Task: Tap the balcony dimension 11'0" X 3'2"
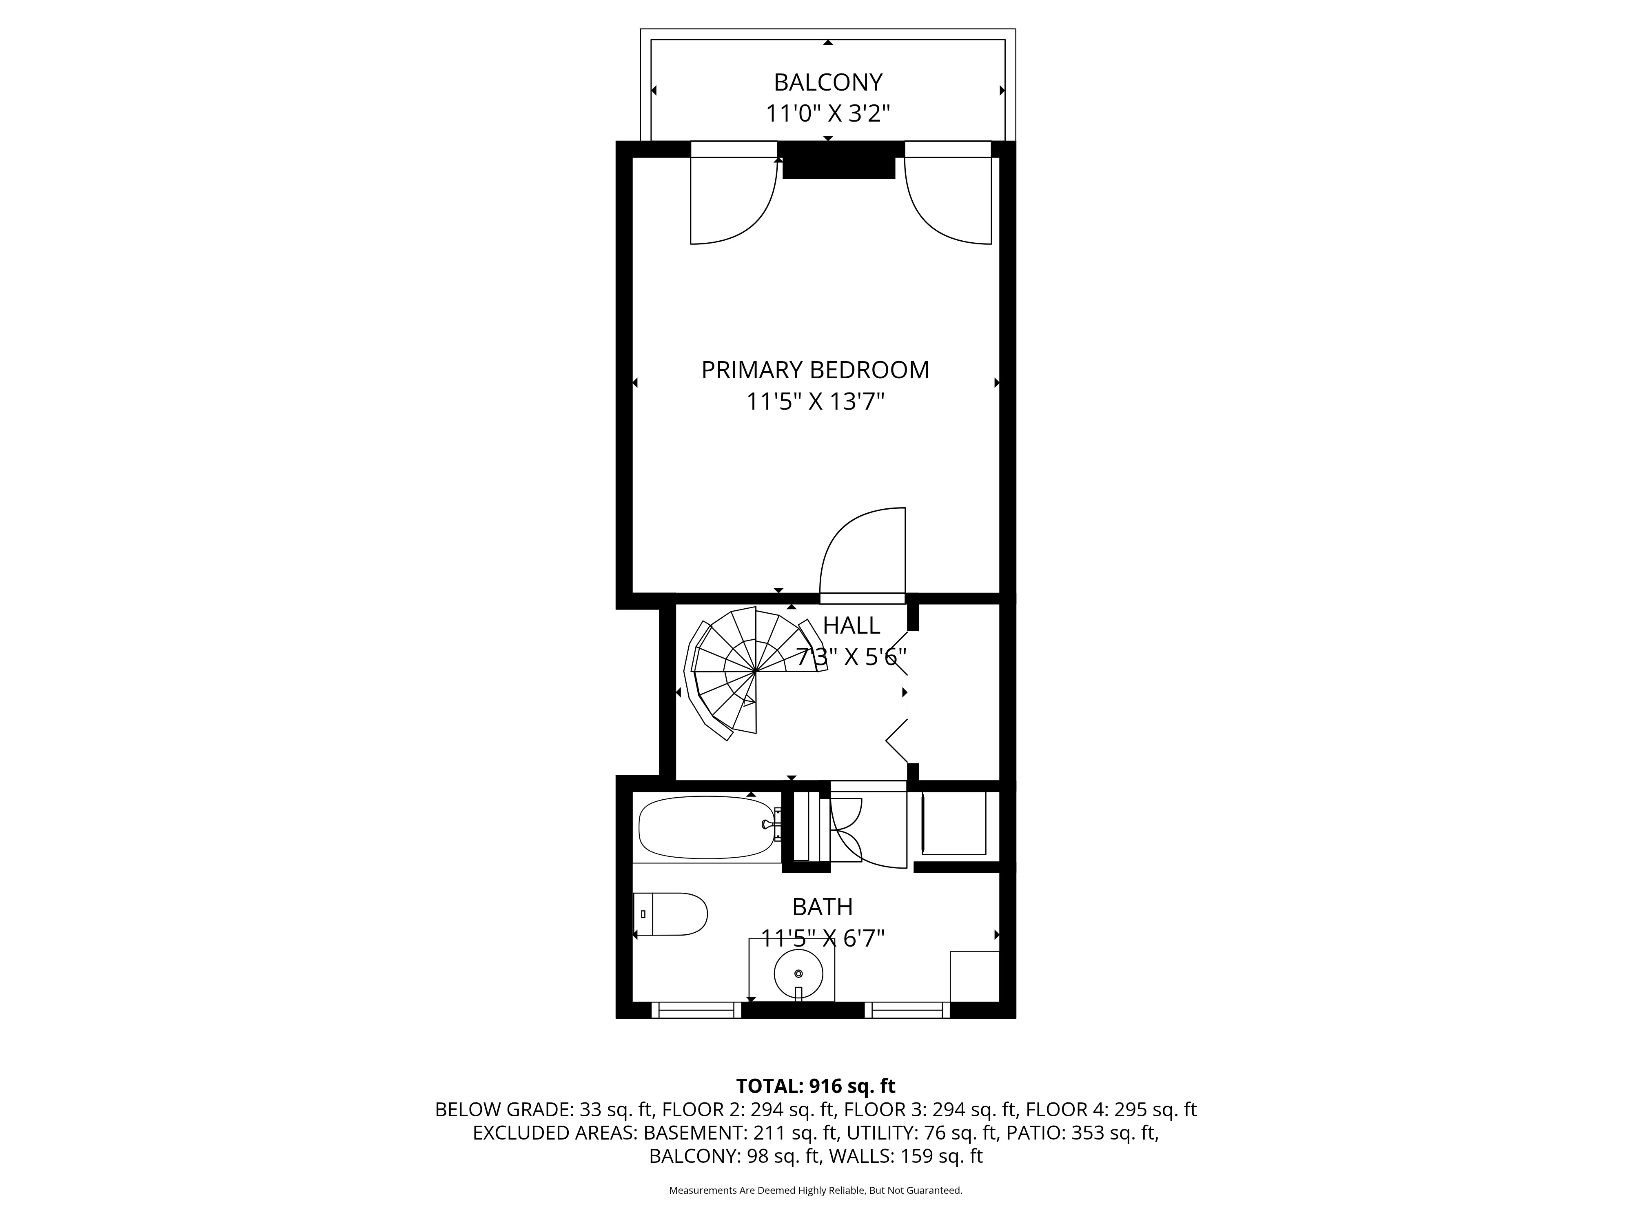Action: point(828,113)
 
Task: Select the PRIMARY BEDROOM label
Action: point(815,370)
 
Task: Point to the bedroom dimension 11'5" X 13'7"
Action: point(815,402)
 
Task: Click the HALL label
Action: point(851,625)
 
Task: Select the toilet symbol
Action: point(670,914)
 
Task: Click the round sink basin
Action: point(798,974)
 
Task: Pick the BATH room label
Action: point(823,907)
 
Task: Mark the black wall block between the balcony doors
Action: point(839,160)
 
